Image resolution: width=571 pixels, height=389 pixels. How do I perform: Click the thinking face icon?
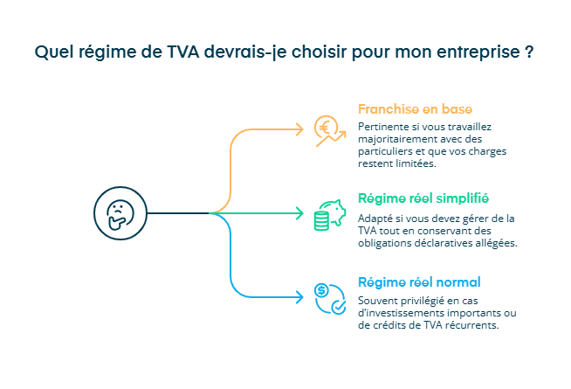tap(116, 212)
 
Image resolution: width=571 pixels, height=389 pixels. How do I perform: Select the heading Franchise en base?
tap(415, 109)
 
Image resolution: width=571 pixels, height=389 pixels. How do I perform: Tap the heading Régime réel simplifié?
tap(423, 198)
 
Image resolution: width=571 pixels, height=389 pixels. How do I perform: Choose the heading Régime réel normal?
tap(419, 282)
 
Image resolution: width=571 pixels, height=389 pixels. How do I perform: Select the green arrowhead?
tap(299, 212)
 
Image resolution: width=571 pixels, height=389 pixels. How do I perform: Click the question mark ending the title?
tap(530, 51)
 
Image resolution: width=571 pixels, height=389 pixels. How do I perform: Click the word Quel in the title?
tap(52, 51)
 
